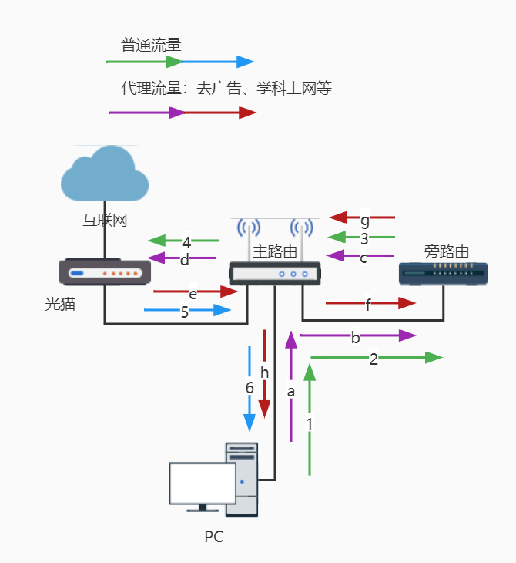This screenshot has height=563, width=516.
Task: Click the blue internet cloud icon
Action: click(x=105, y=175)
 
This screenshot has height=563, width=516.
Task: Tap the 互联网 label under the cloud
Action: click(x=105, y=221)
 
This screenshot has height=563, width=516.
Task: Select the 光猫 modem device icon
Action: click(x=105, y=272)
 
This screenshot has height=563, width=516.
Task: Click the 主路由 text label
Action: click(x=275, y=251)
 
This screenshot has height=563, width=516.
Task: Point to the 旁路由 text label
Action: click(x=447, y=251)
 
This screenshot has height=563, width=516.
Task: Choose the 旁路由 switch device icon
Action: click(x=444, y=275)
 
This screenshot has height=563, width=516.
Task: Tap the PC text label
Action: click(x=214, y=537)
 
